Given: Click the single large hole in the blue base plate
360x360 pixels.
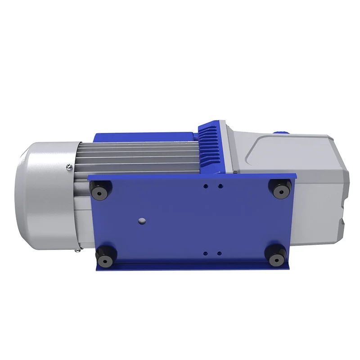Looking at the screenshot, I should point(142,220).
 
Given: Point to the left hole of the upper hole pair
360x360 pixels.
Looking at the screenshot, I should point(206,185).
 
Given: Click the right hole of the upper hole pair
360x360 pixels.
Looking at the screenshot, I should point(219,185).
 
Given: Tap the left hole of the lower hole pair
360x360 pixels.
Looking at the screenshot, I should point(206,253).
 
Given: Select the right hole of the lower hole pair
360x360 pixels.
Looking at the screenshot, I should point(219,253).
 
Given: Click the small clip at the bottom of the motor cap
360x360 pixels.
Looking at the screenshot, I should point(79,249).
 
